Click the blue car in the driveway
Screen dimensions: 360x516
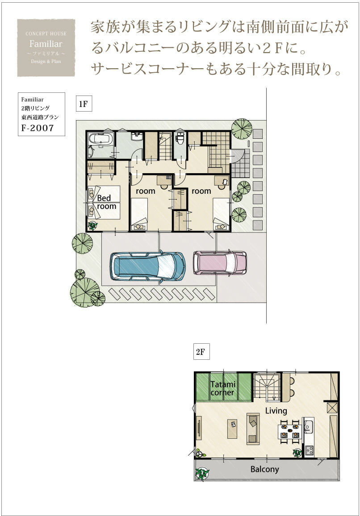pyautogui.click(x=147, y=266)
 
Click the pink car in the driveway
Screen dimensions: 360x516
pyautogui.click(x=220, y=262)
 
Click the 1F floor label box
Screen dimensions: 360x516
pyautogui.click(x=84, y=104)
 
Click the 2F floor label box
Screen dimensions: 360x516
pyautogui.click(x=201, y=351)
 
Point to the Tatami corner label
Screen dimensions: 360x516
pyautogui.click(x=222, y=388)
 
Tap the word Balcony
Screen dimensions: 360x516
pyautogui.click(x=264, y=469)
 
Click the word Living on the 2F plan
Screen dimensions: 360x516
pyautogui.click(x=276, y=410)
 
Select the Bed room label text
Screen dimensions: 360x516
pyautogui.click(x=106, y=202)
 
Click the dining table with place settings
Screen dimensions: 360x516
pyautogui.click(x=290, y=432)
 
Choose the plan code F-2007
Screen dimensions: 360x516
pyautogui.click(x=37, y=128)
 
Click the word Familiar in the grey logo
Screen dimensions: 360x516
pyautogui.click(x=46, y=44)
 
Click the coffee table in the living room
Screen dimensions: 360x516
pyautogui.click(x=232, y=429)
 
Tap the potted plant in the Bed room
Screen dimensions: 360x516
pyautogui.click(x=93, y=225)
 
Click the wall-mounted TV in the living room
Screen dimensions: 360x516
pyautogui.click(x=199, y=428)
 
